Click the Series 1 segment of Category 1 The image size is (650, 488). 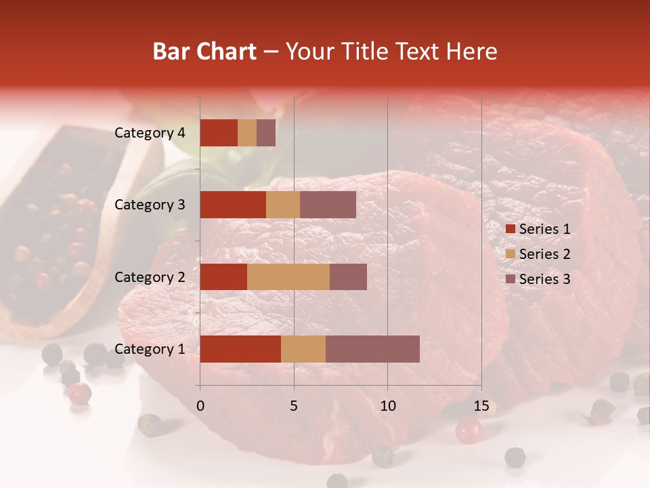click(x=240, y=349)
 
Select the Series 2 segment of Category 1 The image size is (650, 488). click(x=303, y=349)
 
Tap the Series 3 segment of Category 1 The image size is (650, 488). click(x=372, y=349)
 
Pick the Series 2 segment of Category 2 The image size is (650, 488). click(x=288, y=277)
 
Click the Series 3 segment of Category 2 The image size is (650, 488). click(x=348, y=277)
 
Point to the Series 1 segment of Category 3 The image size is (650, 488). click(x=233, y=205)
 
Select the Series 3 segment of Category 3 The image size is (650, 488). click(x=328, y=205)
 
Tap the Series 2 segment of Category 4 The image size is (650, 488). click(x=247, y=133)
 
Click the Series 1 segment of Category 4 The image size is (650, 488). click(x=219, y=133)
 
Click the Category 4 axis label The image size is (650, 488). click(x=150, y=133)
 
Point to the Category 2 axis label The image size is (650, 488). click(x=150, y=277)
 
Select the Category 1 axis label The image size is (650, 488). click(x=150, y=349)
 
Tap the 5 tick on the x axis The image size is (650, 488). click(x=294, y=406)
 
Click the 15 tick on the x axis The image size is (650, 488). click(x=481, y=406)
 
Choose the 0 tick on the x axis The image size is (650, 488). click(x=200, y=406)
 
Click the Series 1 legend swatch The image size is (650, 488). click(x=511, y=229)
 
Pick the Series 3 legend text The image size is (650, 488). click(x=544, y=279)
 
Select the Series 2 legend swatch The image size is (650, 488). click(x=511, y=254)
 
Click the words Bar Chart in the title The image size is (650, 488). click(x=204, y=52)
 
